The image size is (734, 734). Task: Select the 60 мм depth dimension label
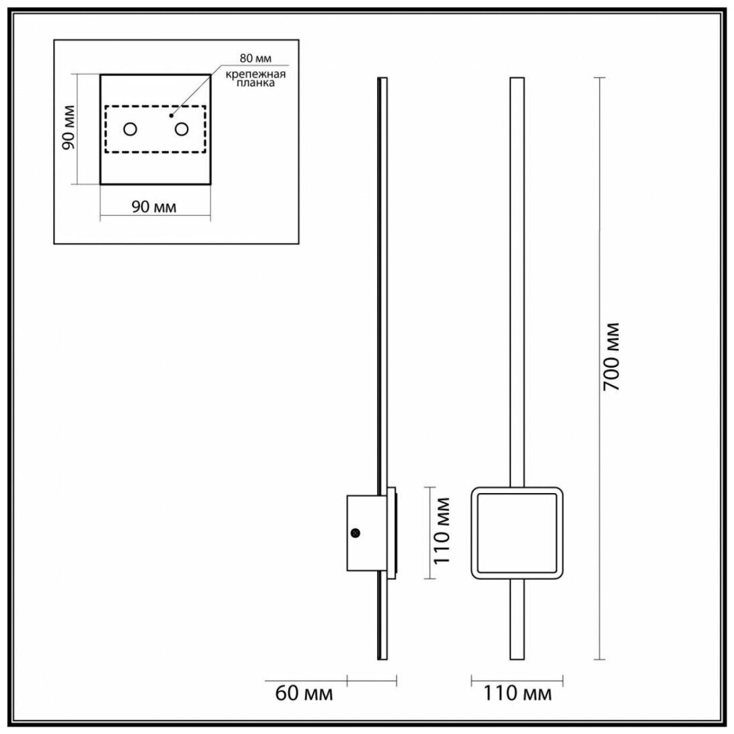coord(304,694)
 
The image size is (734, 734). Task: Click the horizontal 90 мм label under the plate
coord(153,207)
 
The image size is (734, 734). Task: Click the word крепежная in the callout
coord(251,74)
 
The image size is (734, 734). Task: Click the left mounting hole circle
coord(130,128)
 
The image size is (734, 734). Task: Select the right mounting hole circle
coord(182,128)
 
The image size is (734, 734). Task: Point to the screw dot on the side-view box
coord(355,532)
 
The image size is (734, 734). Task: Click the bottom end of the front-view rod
coord(516,657)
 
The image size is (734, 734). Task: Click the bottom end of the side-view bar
coord(381,657)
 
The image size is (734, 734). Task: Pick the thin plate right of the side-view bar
coord(392,531)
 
